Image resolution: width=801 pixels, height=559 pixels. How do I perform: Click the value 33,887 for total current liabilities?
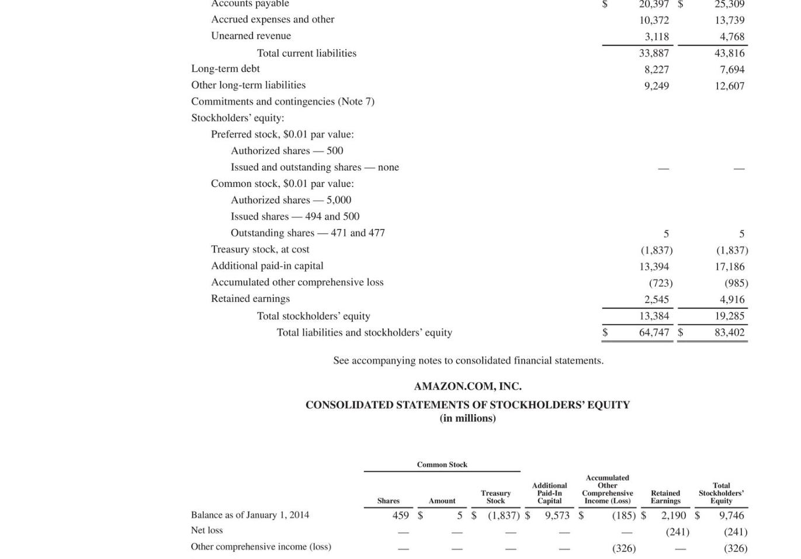point(654,53)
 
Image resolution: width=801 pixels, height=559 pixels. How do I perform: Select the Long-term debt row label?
point(226,69)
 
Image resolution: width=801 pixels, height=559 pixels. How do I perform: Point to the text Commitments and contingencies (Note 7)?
point(283,102)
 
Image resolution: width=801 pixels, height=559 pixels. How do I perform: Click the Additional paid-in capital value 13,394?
point(654,267)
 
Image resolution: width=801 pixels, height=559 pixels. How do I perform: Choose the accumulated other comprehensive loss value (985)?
point(736,283)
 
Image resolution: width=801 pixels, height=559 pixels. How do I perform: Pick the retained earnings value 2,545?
point(656,300)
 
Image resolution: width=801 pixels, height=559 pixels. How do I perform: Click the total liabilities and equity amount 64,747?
point(654,332)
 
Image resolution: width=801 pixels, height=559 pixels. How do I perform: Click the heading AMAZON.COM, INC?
point(467,386)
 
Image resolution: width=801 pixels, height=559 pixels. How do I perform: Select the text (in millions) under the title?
point(467,418)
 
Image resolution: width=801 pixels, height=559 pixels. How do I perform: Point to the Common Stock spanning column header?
point(442,465)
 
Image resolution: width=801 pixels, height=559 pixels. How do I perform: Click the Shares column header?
point(389,501)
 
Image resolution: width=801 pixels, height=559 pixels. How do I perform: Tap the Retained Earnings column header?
point(665,497)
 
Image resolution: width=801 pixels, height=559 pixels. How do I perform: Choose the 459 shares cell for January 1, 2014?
point(401,515)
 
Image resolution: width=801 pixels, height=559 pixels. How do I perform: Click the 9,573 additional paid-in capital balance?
point(557,515)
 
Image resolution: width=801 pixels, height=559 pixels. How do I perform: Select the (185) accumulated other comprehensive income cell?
point(623,516)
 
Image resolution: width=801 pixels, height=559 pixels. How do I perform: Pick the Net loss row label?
point(207,530)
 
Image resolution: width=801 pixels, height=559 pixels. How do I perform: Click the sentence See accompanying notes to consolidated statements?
point(468,361)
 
